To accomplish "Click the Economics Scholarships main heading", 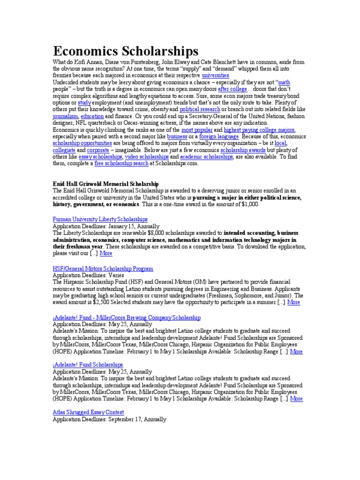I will click(125, 51).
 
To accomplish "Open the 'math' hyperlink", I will click(284, 82).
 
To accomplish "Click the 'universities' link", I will click(216, 75).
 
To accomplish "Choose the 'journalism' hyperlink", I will click(65, 116).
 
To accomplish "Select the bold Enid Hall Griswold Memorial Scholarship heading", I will click(106, 184).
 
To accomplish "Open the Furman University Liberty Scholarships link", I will click(100, 219).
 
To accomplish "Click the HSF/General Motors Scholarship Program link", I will click(103, 269).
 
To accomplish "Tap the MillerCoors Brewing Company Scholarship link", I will click(127, 317).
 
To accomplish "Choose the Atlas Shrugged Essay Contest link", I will click(88, 412).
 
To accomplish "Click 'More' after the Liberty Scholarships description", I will click(106, 253).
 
